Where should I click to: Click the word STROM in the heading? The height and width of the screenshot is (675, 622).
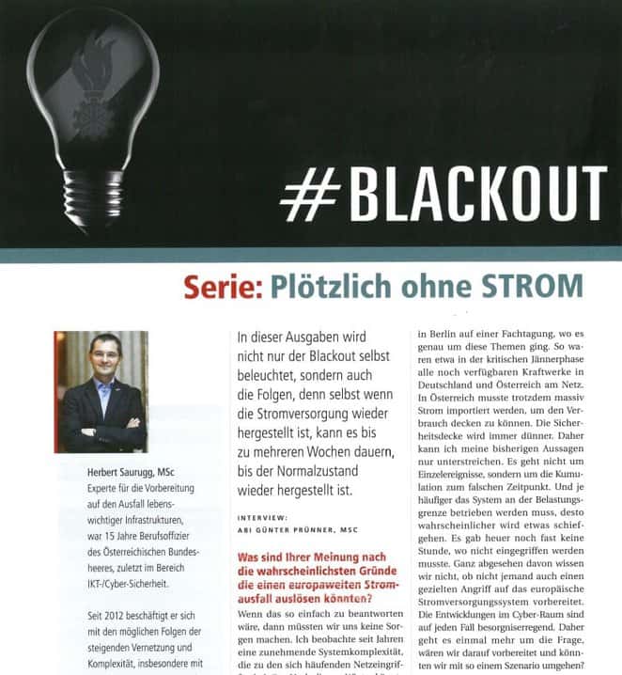[533, 287]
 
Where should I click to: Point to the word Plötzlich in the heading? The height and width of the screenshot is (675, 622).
[326, 287]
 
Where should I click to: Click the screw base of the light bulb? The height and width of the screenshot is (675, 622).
[91, 198]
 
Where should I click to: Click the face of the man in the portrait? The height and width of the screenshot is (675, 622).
[101, 355]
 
